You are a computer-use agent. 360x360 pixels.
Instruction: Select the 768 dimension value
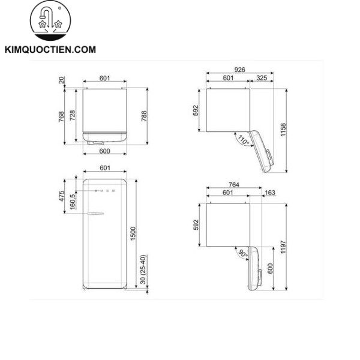click(x=62, y=116)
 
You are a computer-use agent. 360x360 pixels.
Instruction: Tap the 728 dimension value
click(x=73, y=116)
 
